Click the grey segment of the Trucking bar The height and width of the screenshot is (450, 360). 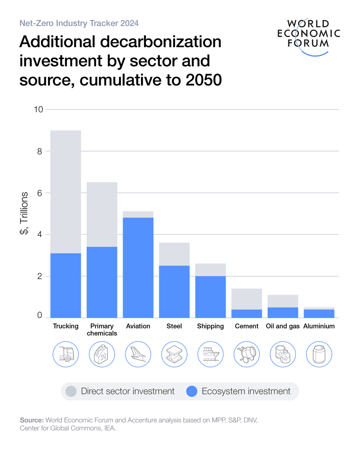[66, 192]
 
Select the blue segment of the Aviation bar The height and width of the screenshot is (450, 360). [138, 267]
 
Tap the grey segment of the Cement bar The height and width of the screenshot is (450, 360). [246, 299]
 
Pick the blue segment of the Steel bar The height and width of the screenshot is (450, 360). [174, 291]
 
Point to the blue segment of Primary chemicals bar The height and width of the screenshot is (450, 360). [102, 282]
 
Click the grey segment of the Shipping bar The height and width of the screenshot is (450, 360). [210, 270]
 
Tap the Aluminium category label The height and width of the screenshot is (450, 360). [319, 326]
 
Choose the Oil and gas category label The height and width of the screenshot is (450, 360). [282, 326]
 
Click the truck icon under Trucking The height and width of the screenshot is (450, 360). [66, 354]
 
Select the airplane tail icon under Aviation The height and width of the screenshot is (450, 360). [138, 354]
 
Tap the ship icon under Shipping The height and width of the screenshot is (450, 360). [210, 354]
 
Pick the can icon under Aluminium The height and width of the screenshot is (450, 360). [319, 354]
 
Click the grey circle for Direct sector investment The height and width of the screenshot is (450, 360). [70, 391]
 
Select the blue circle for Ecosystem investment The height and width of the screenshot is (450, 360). [192, 391]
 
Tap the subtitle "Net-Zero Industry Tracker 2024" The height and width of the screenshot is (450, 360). [79, 23]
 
